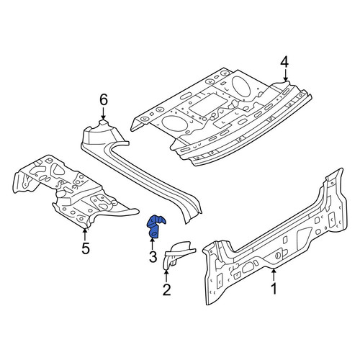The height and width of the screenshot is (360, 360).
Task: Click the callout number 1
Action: pyautogui.click(x=274, y=289)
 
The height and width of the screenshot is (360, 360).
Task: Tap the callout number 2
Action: pyautogui.click(x=166, y=289)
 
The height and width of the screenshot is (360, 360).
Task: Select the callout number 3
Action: pyautogui.click(x=153, y=257)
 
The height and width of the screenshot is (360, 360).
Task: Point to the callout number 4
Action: pyautogui.click(x=284, y=63)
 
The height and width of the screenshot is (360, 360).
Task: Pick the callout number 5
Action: pyautogui.click(x=86, y=248)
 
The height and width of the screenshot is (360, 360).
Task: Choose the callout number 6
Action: pyautogui.click(x=104, y=100)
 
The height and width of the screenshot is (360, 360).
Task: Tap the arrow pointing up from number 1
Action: pyautogui.click(x=274, y=275)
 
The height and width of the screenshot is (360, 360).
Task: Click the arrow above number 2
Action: pyautogui.click(x=166, y=276)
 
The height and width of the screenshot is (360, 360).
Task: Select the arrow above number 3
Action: pyautogui.click(x=152, y=243)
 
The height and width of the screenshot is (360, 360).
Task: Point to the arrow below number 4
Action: pyautogui.click(x=285, y=75)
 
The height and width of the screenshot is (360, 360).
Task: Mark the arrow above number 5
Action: pyautogui.click(x=85, y=235)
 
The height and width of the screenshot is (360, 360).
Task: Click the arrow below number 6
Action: pyautogui.click(x=103, y=113)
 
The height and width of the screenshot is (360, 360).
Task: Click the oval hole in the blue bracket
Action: pyautogui.click(x=155, y=233)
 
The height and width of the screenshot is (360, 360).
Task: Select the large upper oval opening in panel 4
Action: pyautogui.click(x=241, y=86)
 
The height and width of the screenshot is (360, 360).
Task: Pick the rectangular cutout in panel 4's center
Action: pyautogui.click(x=208, y=104)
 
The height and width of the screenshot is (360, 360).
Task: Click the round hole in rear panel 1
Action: pyautogui.click(x=277, y=256)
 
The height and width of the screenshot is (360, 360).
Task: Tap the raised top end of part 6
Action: pyautogui.click(x=103, y=123)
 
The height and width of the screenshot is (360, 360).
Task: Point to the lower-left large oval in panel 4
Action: pyautogui.click(x=174, y=123)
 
